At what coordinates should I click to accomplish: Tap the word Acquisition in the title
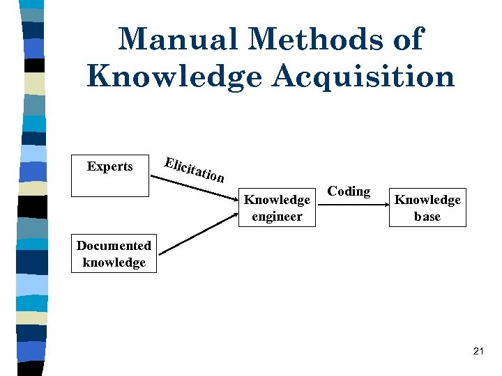point(363,76)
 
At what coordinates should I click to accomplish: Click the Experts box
point(110,175)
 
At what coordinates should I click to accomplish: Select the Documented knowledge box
point(114,254)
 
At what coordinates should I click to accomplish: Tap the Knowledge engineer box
point(277,207)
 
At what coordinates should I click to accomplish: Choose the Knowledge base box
point(427,207)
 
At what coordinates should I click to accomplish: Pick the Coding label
point(349,191)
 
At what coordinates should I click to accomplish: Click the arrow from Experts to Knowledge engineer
point(195,187)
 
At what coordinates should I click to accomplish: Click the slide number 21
point(478,352)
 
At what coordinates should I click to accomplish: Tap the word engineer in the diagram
point(277,217)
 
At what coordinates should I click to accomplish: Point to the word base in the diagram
point(427,217)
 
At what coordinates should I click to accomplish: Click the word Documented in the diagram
point(114,246)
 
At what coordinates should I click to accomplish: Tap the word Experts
point(110,166)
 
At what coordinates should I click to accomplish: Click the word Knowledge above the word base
point(427,200)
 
